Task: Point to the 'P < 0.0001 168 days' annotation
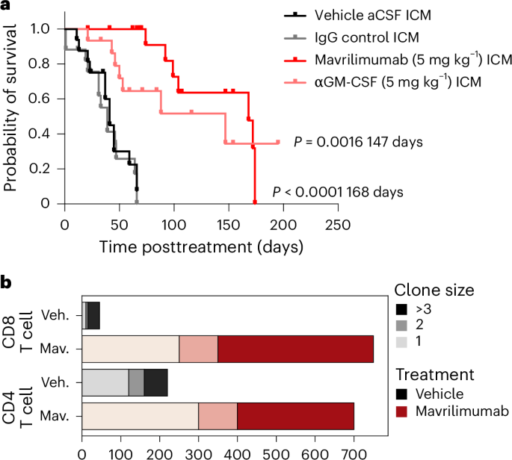tap(338, 192)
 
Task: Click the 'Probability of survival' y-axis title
tap(10, 116)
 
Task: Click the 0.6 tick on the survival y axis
tap(46, 99)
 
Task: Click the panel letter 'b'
tap(6, 282)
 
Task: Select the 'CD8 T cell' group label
tap(22, 333)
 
